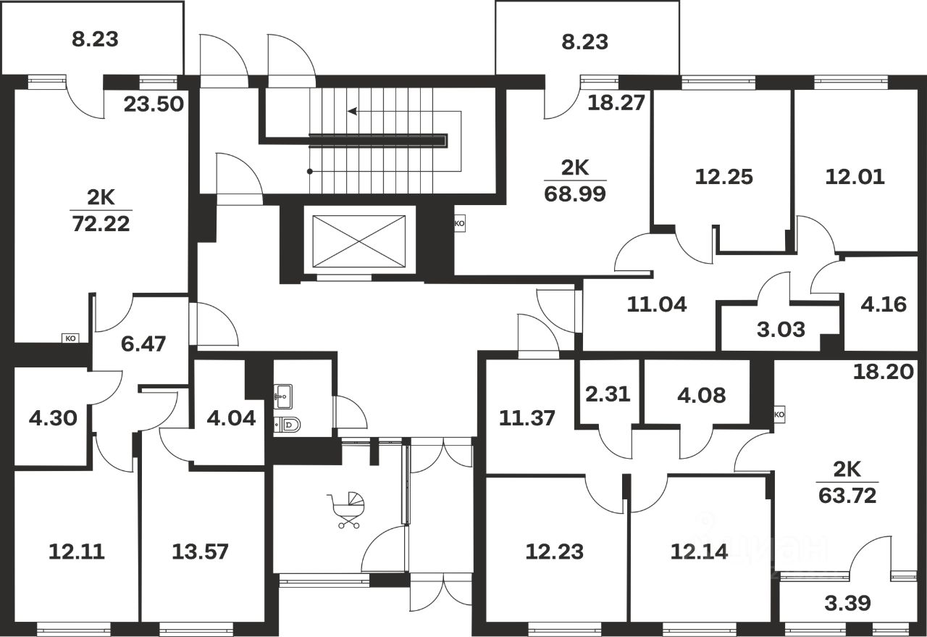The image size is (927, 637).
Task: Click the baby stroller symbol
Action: pyautogui.click(x=348, y=509)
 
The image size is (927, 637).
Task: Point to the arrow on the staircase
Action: pyautogui.click(x=353, y=112)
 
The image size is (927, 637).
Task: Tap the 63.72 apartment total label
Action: pyautogui.click(x=847, y=496)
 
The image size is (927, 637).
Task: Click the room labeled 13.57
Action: pyautogui.click(x=200, y=552)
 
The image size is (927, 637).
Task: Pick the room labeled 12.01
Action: pyautogui.click(x=855, y=176)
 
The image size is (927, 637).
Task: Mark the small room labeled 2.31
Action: pyautogui.click(x=607, y=394)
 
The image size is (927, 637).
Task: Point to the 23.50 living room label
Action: pyautogui.click(x=152, y=104)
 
